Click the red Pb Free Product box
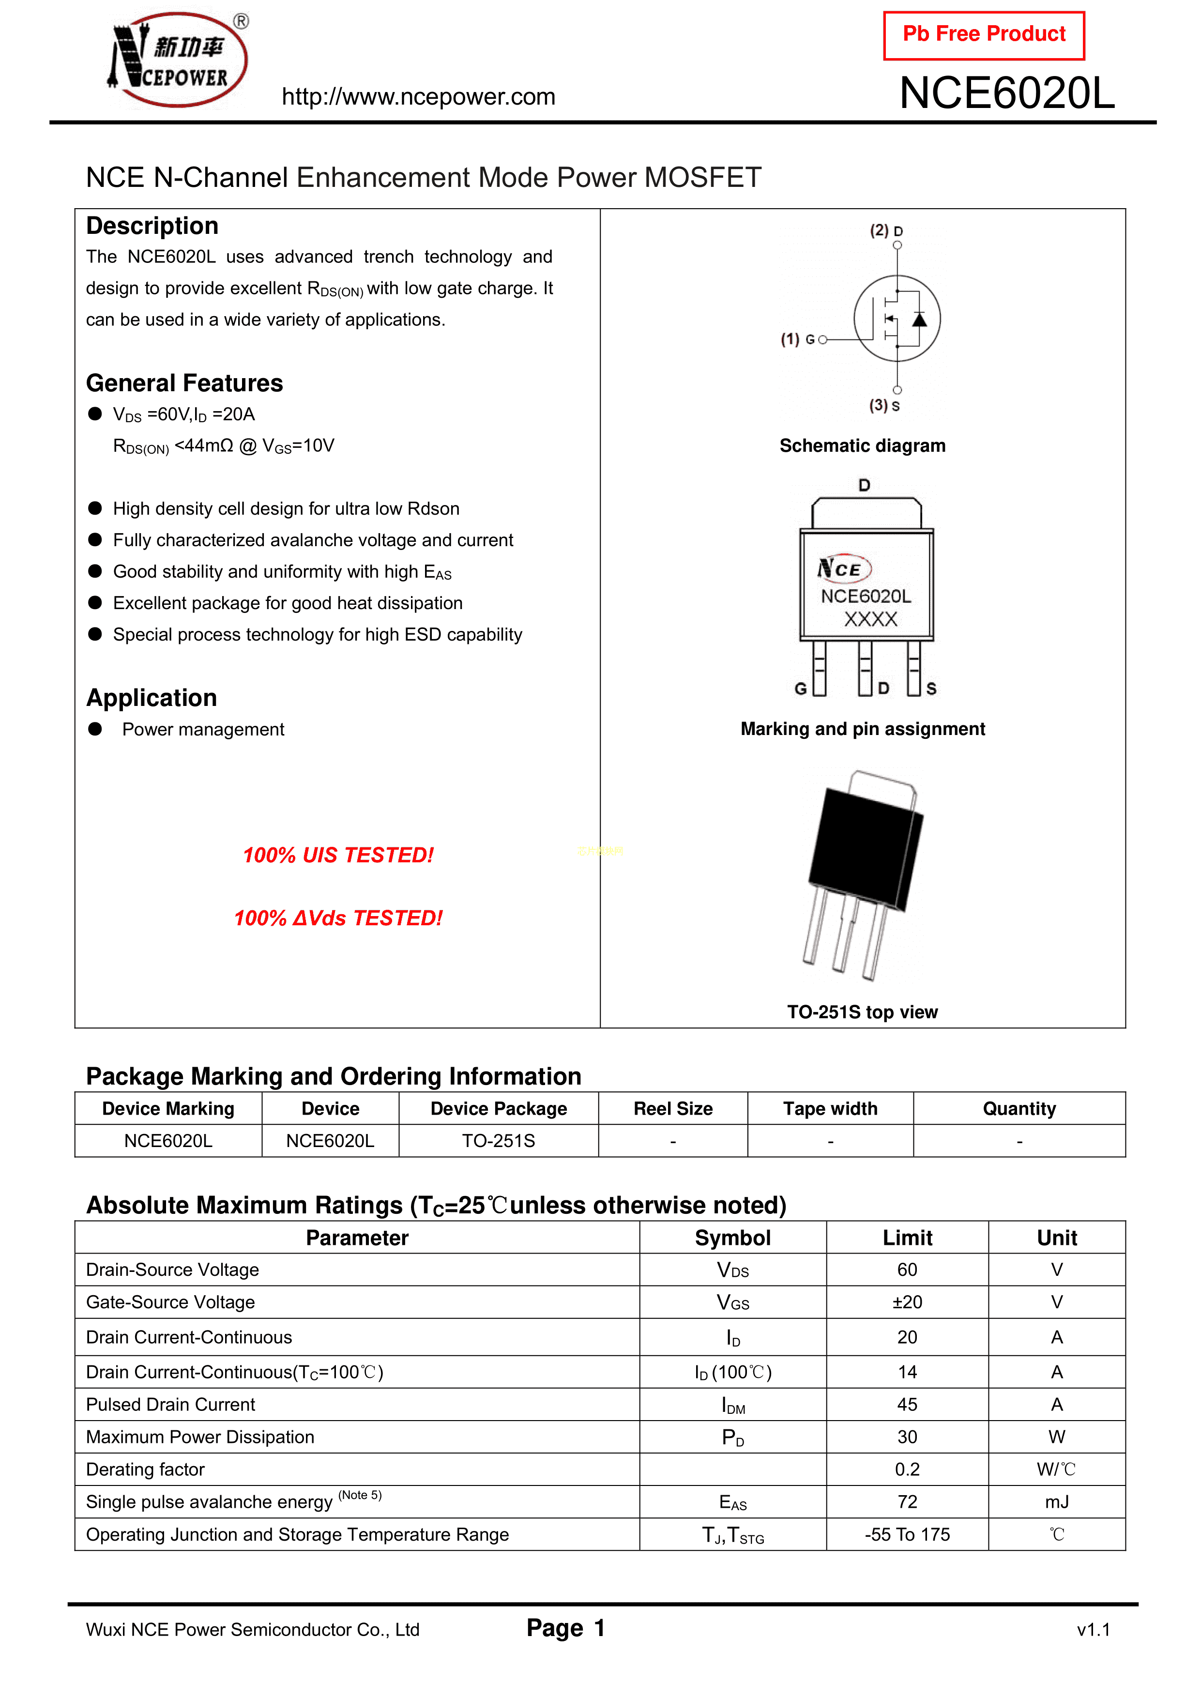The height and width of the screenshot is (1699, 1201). [984, 35]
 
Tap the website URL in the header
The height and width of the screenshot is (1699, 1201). [418, 97]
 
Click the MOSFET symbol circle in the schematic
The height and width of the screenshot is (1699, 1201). [897, 318]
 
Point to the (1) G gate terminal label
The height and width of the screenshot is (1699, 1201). [798, 339]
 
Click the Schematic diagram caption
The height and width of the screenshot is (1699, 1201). [862, 445]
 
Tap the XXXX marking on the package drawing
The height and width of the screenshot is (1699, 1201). [870, 619]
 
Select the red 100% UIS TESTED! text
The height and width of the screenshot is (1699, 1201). [338, 856]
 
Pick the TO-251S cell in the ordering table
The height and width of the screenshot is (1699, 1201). [498, 1141]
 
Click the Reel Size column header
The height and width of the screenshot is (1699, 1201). [673, 1108]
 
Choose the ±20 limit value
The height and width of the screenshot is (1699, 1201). [907, 1302]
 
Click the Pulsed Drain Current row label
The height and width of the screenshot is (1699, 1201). [170, 1405]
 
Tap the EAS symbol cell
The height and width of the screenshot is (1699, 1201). [732, 1502]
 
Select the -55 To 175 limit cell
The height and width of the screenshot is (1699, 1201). [907, 1535]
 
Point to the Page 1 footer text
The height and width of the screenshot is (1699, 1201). [566, 1628]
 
